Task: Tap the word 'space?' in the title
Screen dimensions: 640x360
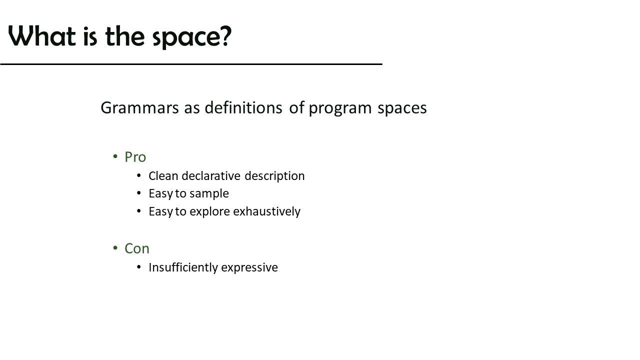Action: [192, 37]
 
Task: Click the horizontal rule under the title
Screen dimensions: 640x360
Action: [191, 64]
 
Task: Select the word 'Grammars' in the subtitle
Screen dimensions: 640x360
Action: [139, 107]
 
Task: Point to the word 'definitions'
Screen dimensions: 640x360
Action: [243, 107]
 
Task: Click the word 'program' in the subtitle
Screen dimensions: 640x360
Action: [340, 109]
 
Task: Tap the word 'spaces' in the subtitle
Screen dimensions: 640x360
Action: [402, 109]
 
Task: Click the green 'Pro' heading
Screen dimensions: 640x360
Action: [135, 157]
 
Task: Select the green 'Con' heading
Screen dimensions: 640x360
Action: [137, 248]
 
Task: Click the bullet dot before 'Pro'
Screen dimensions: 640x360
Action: [115, 156]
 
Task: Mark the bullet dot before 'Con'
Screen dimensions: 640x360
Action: [115, 247]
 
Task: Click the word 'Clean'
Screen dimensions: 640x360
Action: [163, 176]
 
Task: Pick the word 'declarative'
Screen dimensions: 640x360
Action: [211, 176]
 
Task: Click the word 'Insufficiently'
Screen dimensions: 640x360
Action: [183, 268]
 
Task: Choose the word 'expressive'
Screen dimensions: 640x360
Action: [249, 268]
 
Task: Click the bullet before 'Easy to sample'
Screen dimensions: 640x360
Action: [139, 193]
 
